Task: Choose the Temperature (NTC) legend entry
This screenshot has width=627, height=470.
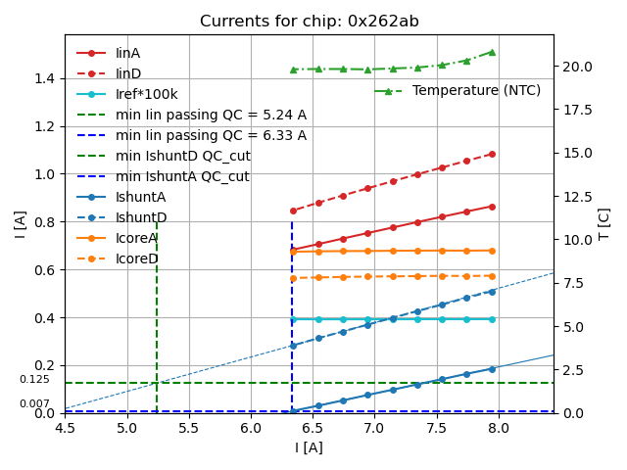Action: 476,90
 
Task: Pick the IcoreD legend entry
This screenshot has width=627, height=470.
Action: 136,258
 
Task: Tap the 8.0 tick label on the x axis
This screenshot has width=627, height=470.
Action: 498,428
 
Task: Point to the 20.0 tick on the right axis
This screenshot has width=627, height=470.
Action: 578,67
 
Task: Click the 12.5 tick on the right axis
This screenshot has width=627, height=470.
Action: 578,196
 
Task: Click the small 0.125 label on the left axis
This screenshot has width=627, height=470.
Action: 34,380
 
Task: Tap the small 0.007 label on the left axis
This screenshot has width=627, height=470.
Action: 34,404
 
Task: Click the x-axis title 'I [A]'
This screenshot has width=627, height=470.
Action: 309,447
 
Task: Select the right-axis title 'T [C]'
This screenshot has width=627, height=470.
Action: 604,223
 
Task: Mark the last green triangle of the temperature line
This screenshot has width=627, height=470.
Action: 492,52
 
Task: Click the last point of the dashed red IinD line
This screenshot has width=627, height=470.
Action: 492,154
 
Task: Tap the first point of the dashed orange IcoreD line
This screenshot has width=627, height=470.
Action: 292,278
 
